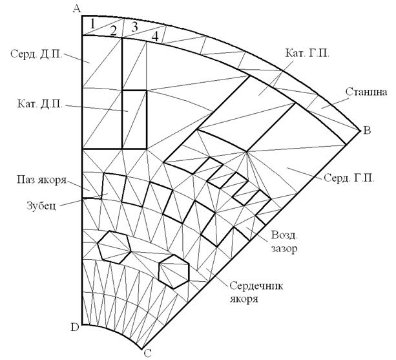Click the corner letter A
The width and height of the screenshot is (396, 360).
pos(77,8)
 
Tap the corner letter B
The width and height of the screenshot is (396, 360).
pos(367,131)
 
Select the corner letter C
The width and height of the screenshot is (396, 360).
pos(147,352)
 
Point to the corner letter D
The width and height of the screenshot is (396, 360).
pos(75,327)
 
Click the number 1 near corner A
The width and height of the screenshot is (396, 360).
pos(93,23)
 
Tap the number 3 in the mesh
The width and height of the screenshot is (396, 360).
pos(134,27)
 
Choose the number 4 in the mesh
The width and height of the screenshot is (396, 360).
pos(155,36)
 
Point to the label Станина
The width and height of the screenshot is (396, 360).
pos(366,92)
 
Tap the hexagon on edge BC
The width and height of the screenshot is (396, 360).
pos(174,270)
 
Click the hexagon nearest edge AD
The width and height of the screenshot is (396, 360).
pos(114,246)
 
